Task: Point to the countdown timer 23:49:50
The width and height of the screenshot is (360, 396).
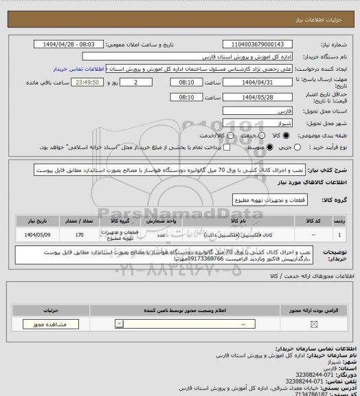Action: click(x=87, y=82)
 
